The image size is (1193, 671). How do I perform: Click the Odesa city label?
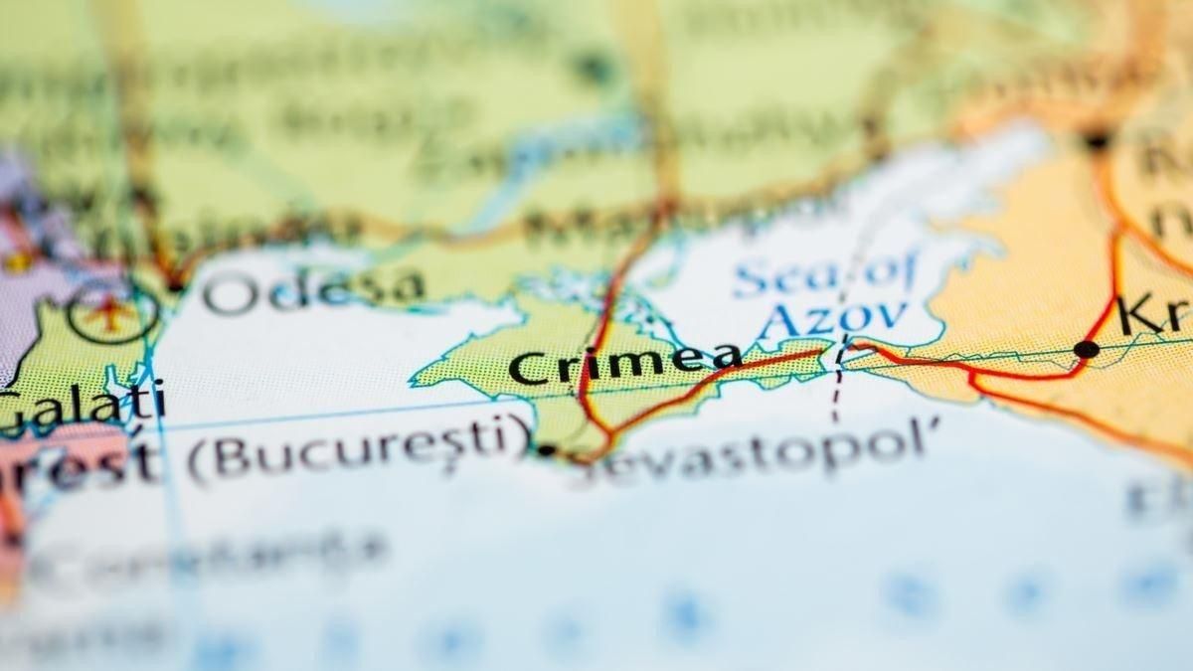coord(313,289)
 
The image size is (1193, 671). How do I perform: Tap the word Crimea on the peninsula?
coord(624,363)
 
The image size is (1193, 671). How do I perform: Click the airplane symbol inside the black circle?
coord(111,314)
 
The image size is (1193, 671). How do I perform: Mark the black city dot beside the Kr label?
coord(1087,349)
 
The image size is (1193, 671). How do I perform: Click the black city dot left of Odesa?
coord(175,285)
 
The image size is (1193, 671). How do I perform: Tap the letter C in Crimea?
coord(528,368)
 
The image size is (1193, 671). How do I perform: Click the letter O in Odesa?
coord(226,294)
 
